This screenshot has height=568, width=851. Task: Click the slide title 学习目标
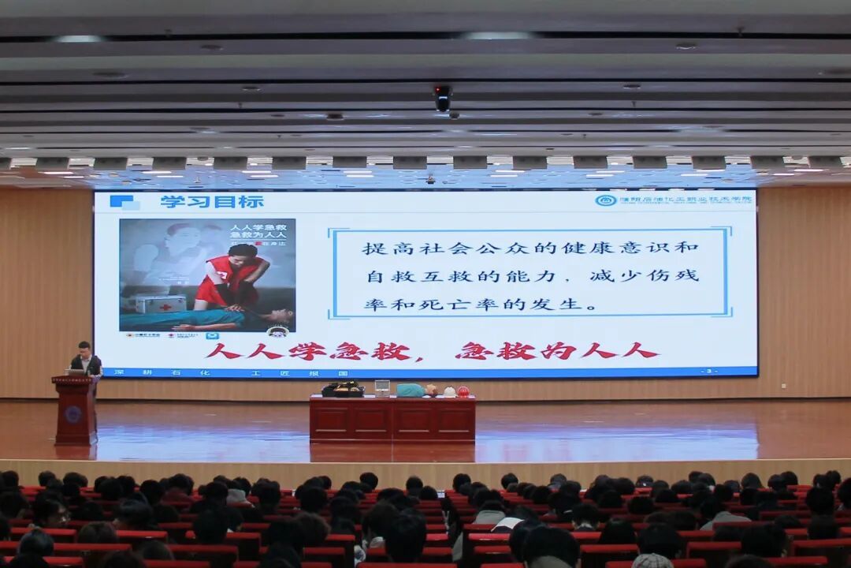212,202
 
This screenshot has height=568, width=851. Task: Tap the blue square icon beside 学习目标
123,202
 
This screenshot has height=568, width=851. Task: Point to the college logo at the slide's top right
605,200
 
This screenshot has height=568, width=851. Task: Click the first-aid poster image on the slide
207,275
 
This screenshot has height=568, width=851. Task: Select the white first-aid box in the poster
160,304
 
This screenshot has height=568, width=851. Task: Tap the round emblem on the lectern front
73,414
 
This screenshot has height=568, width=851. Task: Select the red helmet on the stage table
463,391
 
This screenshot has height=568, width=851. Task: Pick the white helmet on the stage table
449,391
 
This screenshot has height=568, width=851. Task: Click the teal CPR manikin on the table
413,390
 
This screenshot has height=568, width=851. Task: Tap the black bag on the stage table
343,389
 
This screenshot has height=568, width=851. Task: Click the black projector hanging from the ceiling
443,98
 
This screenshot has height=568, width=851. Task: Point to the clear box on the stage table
382,387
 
